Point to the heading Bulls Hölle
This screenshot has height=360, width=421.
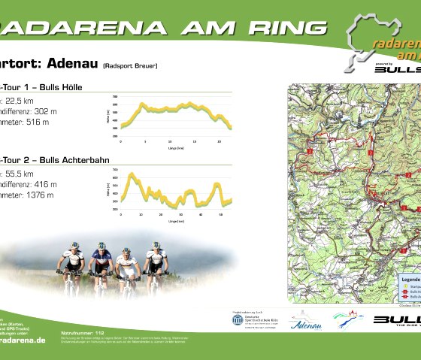click(56, 88)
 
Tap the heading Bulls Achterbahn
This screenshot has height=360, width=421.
click(68, 159)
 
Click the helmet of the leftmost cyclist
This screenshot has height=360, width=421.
click(74, 245)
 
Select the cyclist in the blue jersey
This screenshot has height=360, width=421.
click(100, 263)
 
